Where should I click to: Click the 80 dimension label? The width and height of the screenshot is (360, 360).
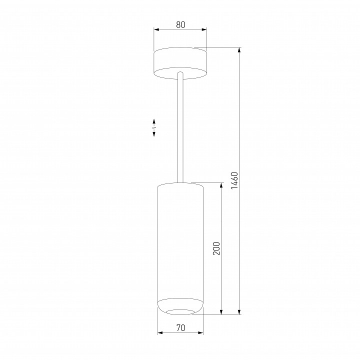tap(180, 24)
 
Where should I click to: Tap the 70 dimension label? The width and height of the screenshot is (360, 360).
tap(180, 328)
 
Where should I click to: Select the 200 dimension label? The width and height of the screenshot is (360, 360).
tap(216, 248)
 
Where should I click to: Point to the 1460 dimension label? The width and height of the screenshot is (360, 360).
tap(235, 180)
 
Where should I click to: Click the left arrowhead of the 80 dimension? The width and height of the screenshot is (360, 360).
tap(156, 29)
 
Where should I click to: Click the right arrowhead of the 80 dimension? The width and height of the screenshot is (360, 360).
tap(204, 29)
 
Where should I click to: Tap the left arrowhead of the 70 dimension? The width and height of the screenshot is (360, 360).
tap(160, 332)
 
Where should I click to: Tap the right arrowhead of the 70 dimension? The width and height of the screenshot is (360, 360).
tap(200, 332)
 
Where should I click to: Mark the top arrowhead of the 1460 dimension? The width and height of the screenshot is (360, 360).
tap(239, 50)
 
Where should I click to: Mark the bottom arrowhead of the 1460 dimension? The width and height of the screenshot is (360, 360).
tap(239, 311)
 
